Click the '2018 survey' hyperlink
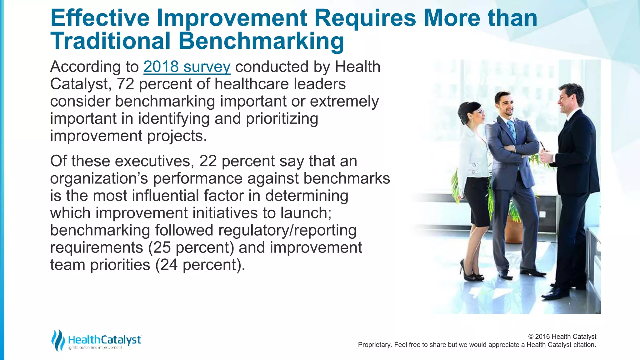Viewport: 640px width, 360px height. click(187, 67)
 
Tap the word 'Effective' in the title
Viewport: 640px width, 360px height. click(100, 18)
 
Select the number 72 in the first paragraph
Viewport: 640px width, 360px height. click(125, 84)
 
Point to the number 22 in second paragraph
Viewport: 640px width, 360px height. click(208, 161)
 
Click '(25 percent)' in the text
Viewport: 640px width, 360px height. click(191, 247)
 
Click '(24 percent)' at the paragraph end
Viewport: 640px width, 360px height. click(200, 265)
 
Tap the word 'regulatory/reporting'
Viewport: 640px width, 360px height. click(287, 230)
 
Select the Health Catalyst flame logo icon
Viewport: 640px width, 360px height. click(58, 340)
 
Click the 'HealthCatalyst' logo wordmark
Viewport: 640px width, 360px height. click(105, 340)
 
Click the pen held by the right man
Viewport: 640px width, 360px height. click(542, 146)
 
